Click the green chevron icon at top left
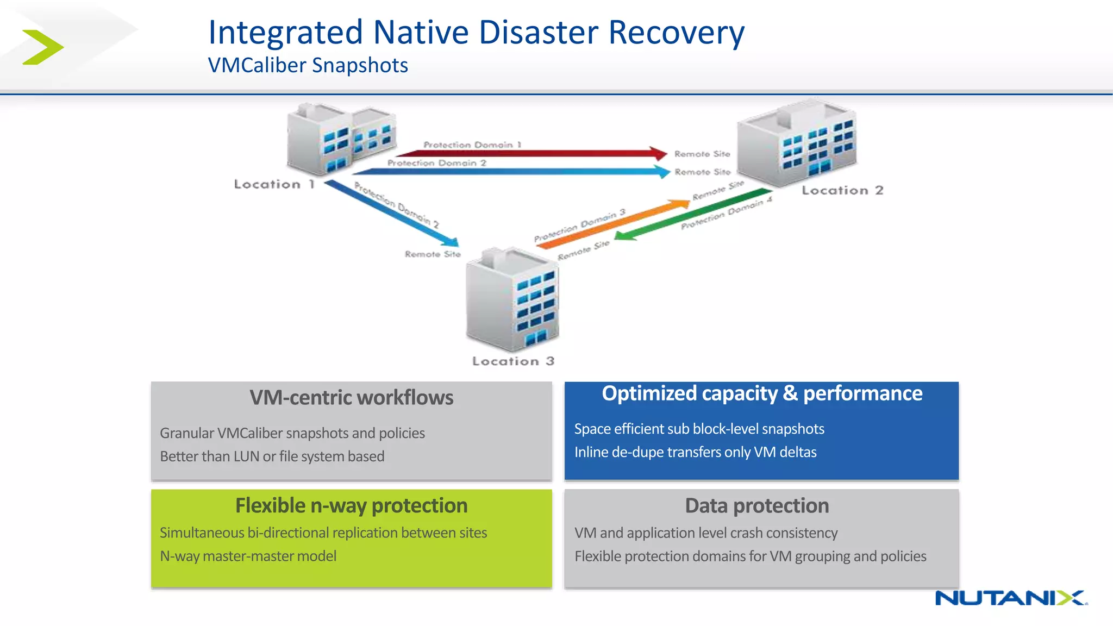pos(43,47)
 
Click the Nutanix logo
pos(1010,598)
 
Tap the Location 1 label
pos(274,185)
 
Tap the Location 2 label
pos(842,191)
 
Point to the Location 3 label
pos(513,361)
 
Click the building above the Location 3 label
pos(512,300)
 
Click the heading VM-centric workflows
pos(351,398)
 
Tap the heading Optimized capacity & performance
pos(761,393)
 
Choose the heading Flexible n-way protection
pos(351,506)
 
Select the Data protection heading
pos(756,506)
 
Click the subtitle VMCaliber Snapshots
pos(308,66)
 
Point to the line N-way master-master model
pos(248,556)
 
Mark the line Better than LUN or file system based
pos(272,456)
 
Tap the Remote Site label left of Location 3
pos(432,254)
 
